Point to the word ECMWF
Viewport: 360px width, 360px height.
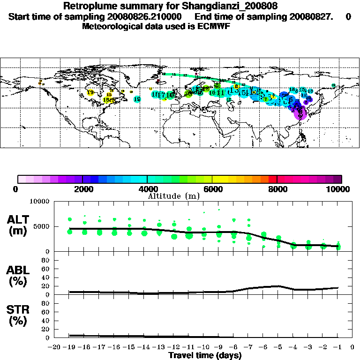pos(216,26)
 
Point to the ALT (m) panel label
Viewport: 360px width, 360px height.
pos(19,225)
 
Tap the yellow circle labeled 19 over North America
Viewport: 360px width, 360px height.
pos(90,92)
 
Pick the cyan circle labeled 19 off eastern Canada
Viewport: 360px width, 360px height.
pos(137,99)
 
